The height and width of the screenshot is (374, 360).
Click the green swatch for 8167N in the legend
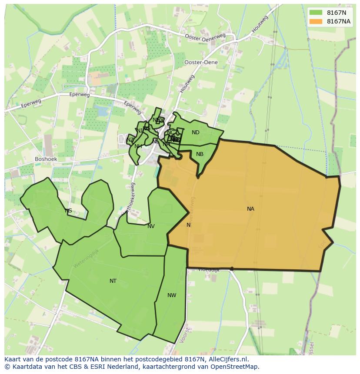(x=316, y=13)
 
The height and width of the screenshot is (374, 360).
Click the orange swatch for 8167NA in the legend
(x=316, y=21)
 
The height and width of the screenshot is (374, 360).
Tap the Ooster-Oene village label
(x=201, y=63)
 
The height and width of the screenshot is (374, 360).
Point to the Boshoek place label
(x=46, y=159)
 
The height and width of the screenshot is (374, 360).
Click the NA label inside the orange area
(x=250, y=209)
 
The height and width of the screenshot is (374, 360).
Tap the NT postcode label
(x=113, y=281)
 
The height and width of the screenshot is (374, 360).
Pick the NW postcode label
(x=172, y=295)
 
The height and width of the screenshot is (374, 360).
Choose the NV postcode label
(x=151, y=226)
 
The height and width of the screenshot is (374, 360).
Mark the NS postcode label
(x=68, y=211)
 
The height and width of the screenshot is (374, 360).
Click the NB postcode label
(x=200, y=154)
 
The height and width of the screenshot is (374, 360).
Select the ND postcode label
(x=196, y=132)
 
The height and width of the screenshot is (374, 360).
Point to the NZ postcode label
(x=130, y=140)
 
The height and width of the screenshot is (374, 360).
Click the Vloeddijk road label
(x=209, y=270)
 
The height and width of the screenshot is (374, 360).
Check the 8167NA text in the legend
(x=339, y=21)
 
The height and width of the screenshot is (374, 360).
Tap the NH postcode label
(x=138, y=146)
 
